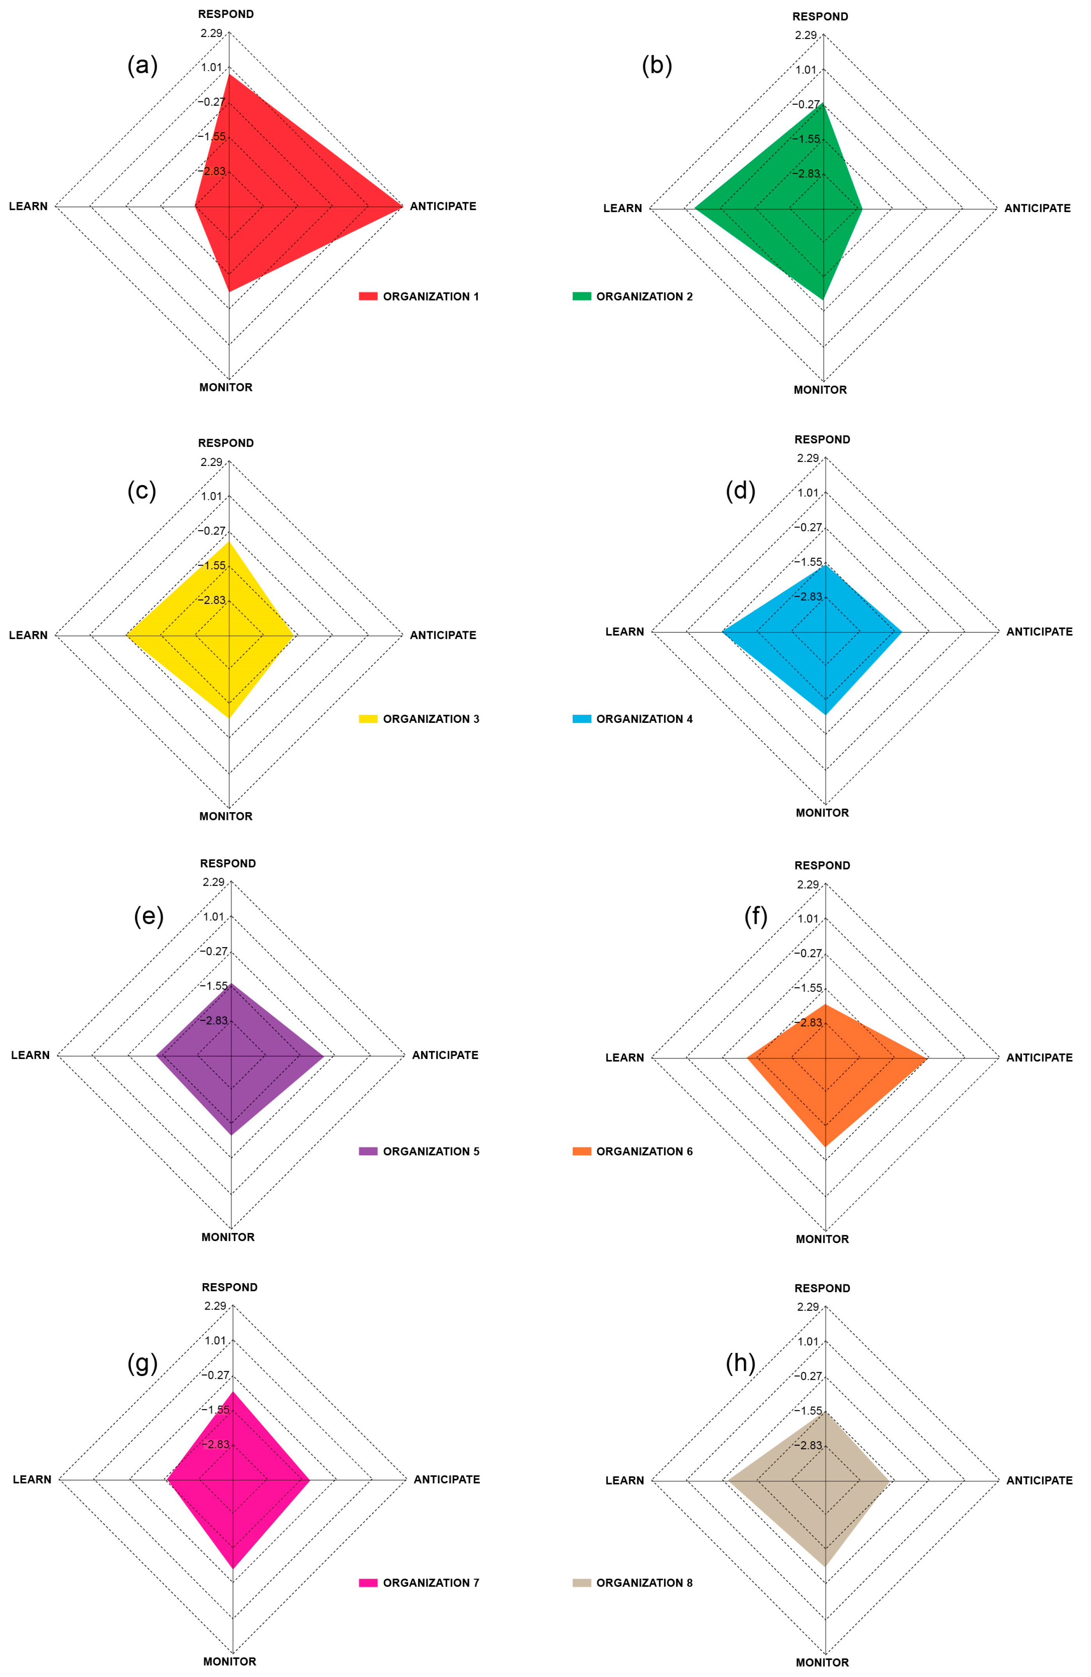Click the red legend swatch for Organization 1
pyautogui.click(x=368, y=296)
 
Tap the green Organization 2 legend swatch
pyautogui.click(x=581, y=296)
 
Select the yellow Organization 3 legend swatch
pyautogui.click(x=368, y=719)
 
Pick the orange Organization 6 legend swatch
pyautogui.click(x=581, y=1151)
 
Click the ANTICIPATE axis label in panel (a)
pyautogui.click(x=443, y=206)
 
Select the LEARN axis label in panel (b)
pyautogui.click(x=622, y=208)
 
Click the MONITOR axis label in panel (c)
pyautogui.click(x=225, y=816)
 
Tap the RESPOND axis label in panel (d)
pyautogui.click(x=822, y=439)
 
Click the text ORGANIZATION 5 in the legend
pyautogui.click(x=431, y=1151)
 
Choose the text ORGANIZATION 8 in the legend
pyautogui.click(x=644, y=1583)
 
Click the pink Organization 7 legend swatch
pyautogui.click(x=368, y=1583)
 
